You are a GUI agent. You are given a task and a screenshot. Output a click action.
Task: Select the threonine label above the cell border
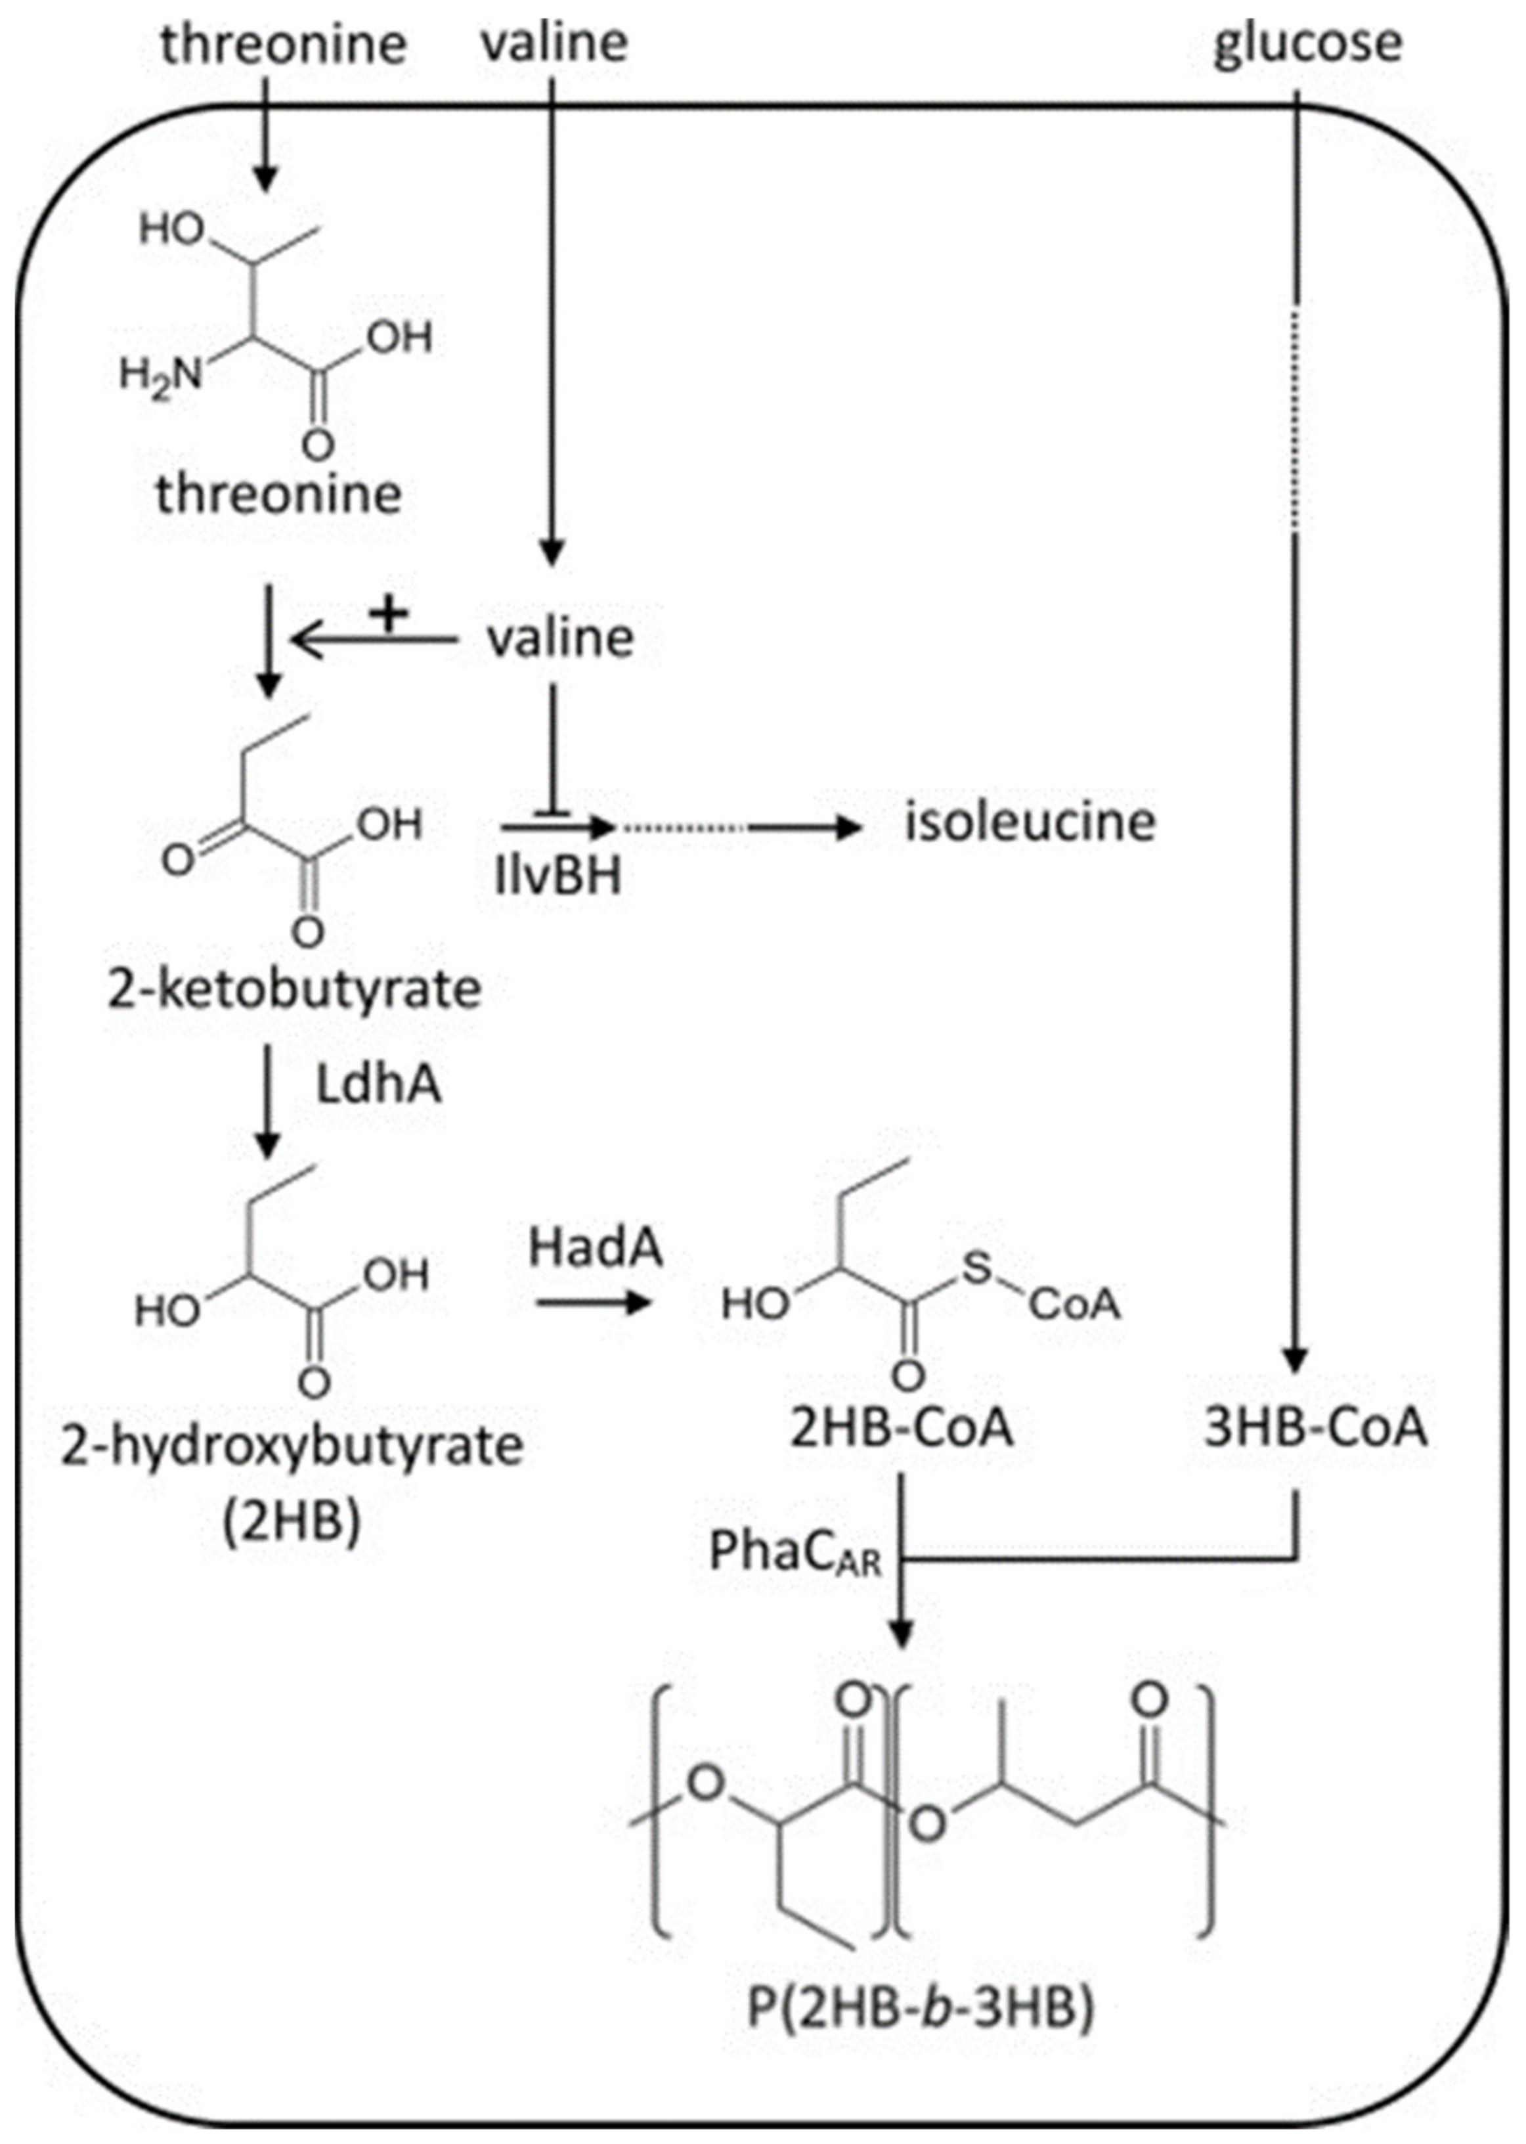click(283, 44)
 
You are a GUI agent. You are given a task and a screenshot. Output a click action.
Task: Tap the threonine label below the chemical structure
click(279, 493)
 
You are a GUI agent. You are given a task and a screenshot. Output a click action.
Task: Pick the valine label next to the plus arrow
click(561, 638)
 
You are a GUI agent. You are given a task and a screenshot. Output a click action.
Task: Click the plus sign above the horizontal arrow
click(390, 615)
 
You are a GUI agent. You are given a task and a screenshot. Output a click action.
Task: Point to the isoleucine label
click(1030, 822)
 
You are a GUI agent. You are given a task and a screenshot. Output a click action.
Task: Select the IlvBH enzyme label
click(559, 876)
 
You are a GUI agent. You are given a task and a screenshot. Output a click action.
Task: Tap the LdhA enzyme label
click(378, 1086)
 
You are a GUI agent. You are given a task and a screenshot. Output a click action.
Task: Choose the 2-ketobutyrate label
click(294, 990)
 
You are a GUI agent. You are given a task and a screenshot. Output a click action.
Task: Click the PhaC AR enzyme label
click(795, 1553)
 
